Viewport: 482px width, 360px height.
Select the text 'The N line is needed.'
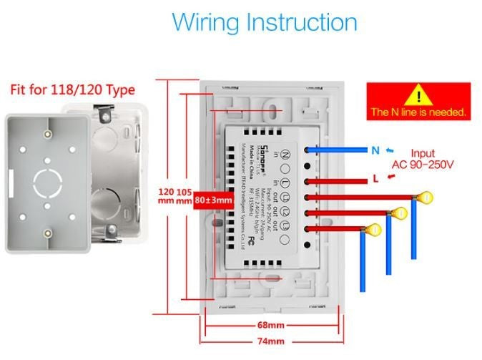tap(418, 112)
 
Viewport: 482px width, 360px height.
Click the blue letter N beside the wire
tap(375, 150)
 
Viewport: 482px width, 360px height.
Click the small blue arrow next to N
tap(389, 150)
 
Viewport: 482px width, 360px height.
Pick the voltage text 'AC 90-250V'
tap(423, 165)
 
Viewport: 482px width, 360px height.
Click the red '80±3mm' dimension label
tap(214, 200)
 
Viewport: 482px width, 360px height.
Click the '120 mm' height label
tap(166, 196)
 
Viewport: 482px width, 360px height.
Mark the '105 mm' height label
tap(185, 196)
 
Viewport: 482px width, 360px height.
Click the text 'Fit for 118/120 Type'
tap(72, 91)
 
